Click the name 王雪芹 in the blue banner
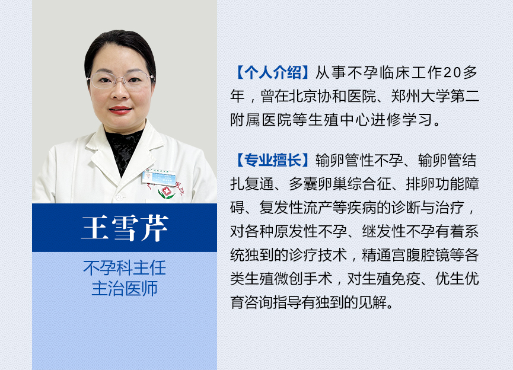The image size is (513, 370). [x=125, y=228]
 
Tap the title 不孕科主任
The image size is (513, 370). [x=125, y=268]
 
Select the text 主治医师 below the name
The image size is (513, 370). [x=125, y=288]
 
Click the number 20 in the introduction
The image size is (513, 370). [x=452, y=72]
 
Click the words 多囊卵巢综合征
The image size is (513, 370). [x=340, y=184]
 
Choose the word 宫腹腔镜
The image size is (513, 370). [x=420, y=255]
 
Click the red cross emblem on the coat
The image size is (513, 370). [x=167, y=191]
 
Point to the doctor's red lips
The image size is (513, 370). [x=120, y=110]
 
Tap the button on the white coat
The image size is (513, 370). [x=119, y=197]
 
